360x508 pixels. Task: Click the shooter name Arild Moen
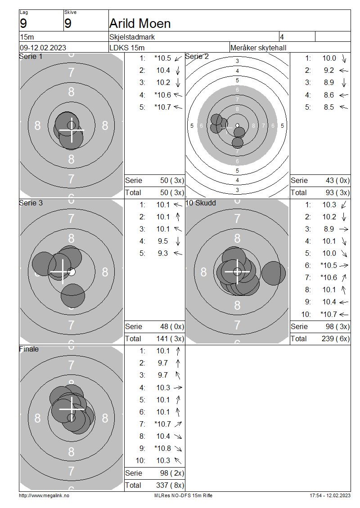click(140, 24)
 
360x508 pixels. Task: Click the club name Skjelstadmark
click(132, 37)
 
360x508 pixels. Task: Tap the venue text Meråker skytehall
click(258, 48)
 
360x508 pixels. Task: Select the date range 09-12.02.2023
click(43, 48)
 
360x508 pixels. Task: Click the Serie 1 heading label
click(31, 56)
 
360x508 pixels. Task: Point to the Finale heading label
click(29, 349)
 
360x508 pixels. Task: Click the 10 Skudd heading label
click(200, 203)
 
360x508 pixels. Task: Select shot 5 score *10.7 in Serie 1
click(162, 107)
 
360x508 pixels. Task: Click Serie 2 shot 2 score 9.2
click(328, 70)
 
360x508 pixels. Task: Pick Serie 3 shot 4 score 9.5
click(163, 241)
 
